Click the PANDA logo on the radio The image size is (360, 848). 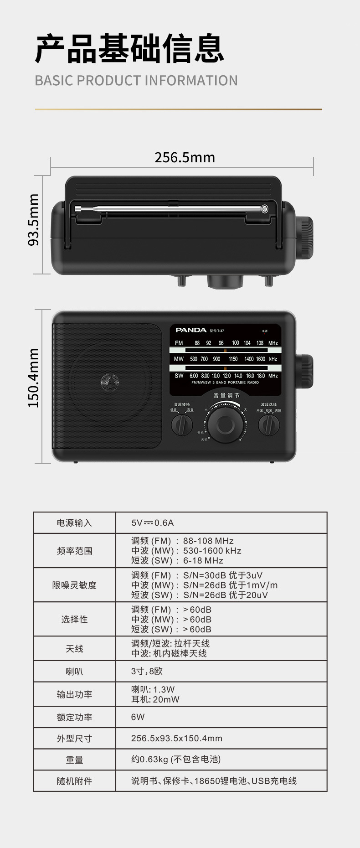pos(191,330)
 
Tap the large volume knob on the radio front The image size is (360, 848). pos(225,424)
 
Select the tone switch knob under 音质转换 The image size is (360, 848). pos(182,425)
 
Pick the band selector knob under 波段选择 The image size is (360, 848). pos(269,425)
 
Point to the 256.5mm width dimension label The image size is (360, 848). pos(185,158)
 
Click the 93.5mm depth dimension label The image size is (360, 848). pos(34,220)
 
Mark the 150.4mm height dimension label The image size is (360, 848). pos(34,378)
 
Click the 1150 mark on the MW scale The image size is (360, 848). pos(233,359)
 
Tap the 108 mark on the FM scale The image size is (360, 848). pos(260,343)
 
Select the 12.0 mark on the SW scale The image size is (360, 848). pos(226,376)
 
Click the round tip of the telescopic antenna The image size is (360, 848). pos(264,209)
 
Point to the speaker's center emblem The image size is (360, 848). pos(109,381)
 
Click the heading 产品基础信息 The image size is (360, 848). pos(130,48)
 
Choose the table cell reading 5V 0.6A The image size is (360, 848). pos(152,523)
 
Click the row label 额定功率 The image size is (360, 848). pos(74,717)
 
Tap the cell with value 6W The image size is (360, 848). pos(138,717)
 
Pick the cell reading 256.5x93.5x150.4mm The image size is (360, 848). pos(177,738)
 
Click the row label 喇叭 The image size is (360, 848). pos(74,672)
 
